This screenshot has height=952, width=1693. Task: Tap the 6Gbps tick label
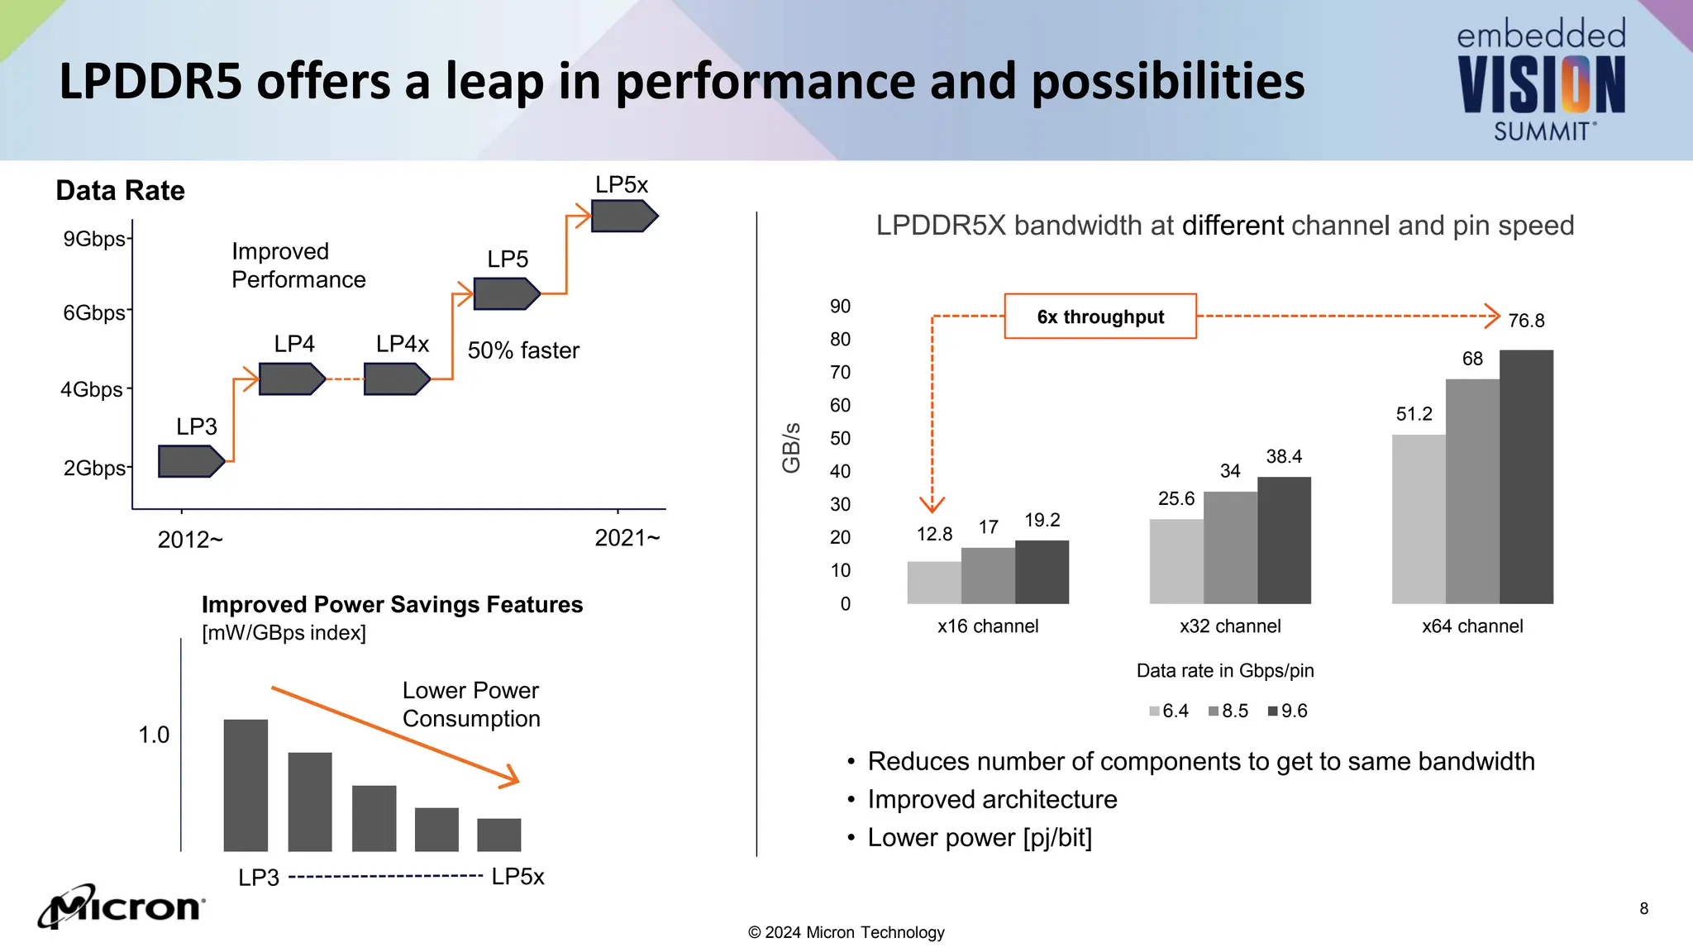(94, 313)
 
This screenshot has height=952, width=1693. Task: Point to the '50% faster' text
(523, 350)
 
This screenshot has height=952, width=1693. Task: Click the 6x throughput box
(1100, 317)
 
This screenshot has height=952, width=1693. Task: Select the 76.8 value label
(1526, 321)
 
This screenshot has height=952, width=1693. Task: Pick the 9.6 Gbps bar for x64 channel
(1526, 477)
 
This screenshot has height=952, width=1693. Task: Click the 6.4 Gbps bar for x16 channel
(934, 583)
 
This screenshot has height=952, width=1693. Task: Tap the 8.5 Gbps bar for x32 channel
(1230, 547)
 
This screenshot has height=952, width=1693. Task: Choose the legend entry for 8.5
(1229, 711)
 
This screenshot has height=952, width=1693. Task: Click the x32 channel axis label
(1230, 626)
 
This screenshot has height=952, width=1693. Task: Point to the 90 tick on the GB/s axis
(840, 307)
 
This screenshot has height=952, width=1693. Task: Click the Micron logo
(122, 907)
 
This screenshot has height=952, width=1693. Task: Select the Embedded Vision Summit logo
(1541, 81)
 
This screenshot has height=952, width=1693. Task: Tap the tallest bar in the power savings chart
(246, 785)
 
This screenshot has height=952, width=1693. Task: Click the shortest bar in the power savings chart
(499, 835)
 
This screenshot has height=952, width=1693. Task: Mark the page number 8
(1643, 909)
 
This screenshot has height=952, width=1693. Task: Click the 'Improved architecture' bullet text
(992, 799)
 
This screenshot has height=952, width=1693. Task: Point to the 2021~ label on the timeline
(627, 539)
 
